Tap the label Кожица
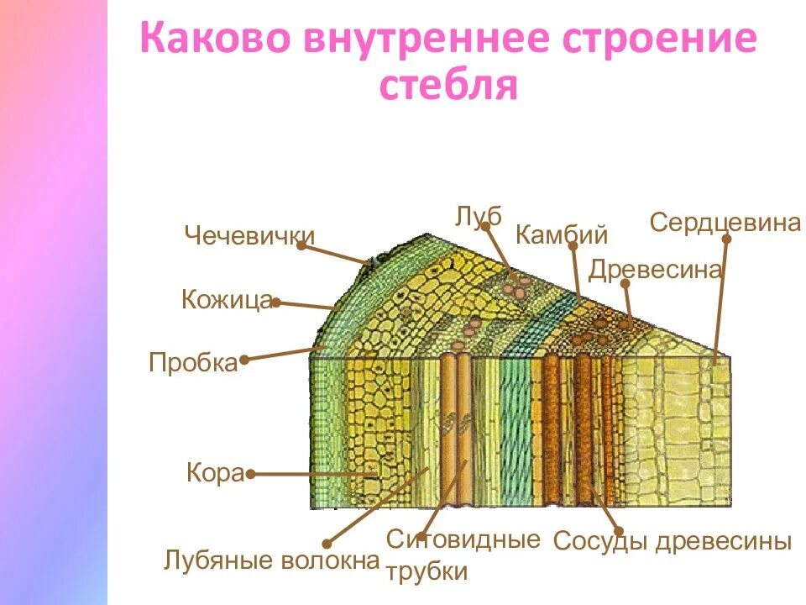pyautogui.click(x=226, y=300)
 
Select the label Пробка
pyautogui.click(x=193, y=363)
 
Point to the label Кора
pyautogui.click(x=214, y=474)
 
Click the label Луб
pyautogui.click(x=479, y=216)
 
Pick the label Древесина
pyautogui.click(x=655, y=270)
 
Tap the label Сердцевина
pyautogui.click(x=725, y=223)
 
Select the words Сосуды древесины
pyautogui.click(x=672, y=542)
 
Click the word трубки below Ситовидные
pyautogui.click(x=427, y=572)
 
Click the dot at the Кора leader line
pyautogui.click(x=249, y=474)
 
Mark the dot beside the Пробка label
pyautogui.click(x=244, y=360)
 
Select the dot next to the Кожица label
pyautogui.click(x=276, y=302)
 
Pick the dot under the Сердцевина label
pyautogui.click(x=727, y=239)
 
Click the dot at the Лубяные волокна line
pyautogui.click(x=327, y=544)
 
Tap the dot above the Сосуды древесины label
pyautogui.click(x=618, y=530)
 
